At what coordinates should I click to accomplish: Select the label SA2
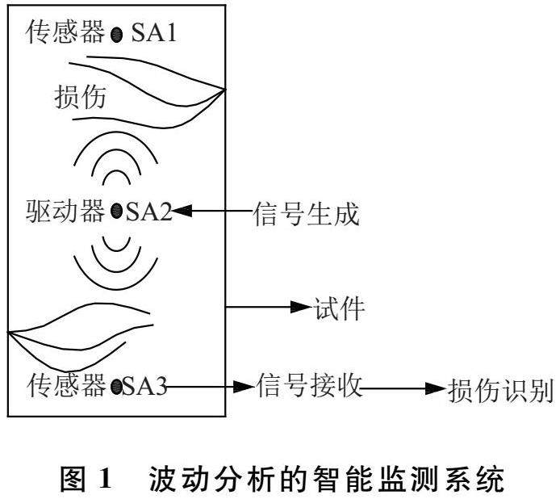tap(148, 212)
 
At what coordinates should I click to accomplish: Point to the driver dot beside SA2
tap(118, 212)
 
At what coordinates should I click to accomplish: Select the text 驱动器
tap(65, 212)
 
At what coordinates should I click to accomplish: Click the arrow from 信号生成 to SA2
tap(211, 212)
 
